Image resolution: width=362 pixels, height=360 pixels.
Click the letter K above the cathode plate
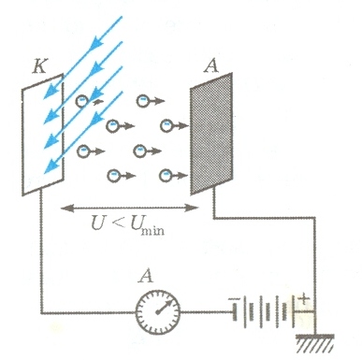39,65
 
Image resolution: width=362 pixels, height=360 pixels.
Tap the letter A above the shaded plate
211,65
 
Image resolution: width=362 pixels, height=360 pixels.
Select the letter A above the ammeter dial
146,276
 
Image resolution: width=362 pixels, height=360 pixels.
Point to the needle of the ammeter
163,308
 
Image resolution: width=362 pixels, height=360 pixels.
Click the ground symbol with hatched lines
315,343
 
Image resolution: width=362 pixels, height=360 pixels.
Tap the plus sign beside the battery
303,299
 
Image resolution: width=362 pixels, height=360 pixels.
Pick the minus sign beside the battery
234,299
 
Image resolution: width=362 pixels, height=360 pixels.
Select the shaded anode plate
211,134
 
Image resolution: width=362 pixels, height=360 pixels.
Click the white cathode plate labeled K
43,135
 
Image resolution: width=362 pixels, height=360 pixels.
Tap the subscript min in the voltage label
152,231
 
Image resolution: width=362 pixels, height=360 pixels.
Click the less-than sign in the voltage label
117,223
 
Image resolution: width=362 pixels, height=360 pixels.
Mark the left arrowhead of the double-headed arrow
67,208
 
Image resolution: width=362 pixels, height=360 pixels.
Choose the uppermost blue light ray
82,57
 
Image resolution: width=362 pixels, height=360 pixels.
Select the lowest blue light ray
83,132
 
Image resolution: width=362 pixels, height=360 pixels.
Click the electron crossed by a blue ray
82,101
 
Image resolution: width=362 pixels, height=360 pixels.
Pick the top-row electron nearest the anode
143,101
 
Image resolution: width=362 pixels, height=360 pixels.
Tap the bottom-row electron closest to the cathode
113,176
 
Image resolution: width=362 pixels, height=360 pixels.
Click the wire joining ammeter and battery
206,311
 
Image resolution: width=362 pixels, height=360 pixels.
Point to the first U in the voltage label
97,223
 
